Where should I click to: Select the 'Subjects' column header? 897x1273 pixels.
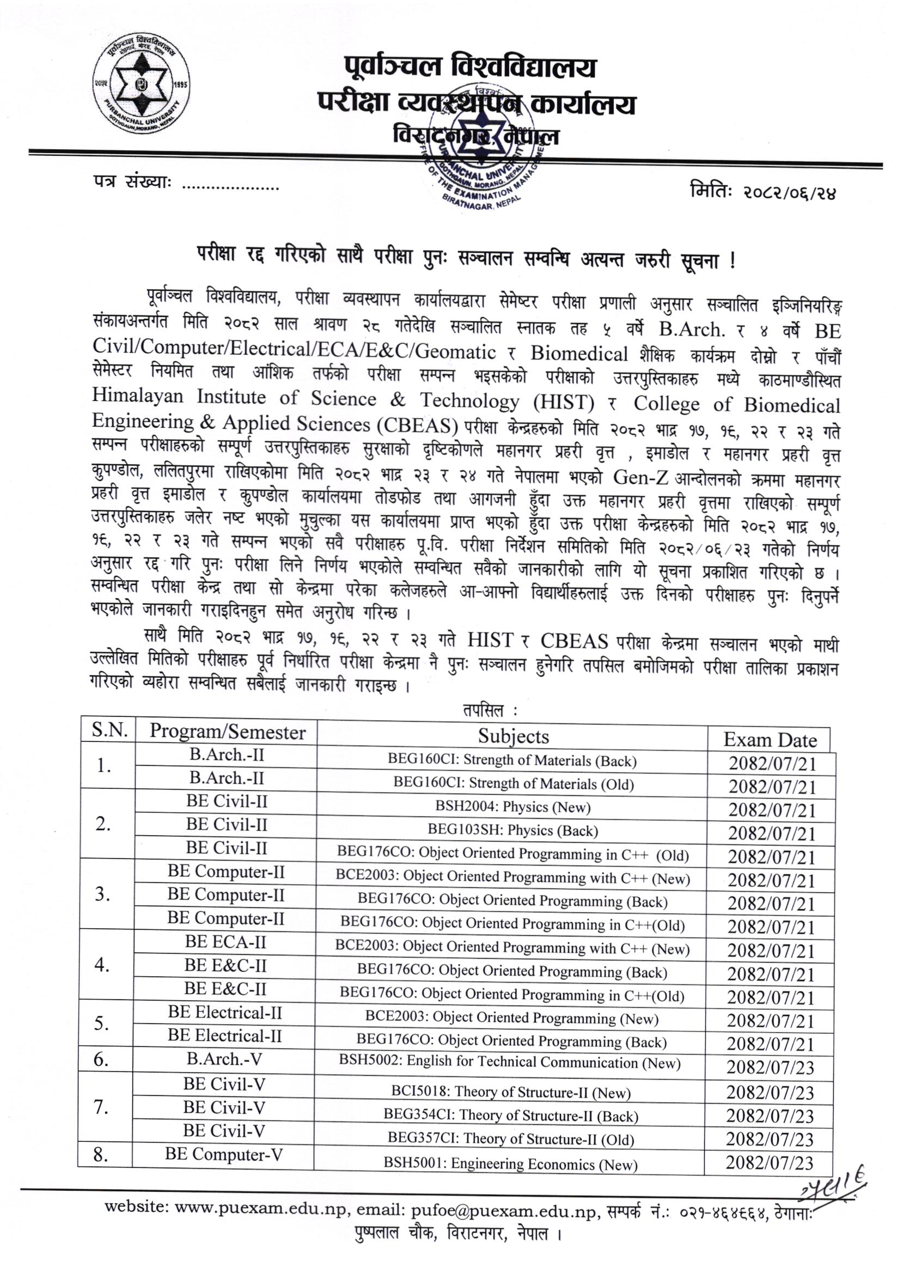[513, 736]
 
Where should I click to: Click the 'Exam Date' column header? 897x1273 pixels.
[770, 740]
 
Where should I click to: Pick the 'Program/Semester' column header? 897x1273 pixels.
[227, 732]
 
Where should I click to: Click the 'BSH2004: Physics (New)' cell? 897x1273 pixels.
[512, 807]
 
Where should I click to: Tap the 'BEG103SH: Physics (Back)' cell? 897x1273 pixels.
[512, 830]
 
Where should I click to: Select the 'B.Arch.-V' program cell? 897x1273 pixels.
[224, 1058]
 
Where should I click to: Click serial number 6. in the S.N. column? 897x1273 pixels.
[101, 1059]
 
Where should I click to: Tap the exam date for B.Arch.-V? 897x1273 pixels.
[770, 1067]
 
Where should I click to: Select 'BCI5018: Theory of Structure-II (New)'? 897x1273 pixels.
[511, 1092]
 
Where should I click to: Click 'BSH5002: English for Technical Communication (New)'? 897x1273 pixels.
[509, 1062]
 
